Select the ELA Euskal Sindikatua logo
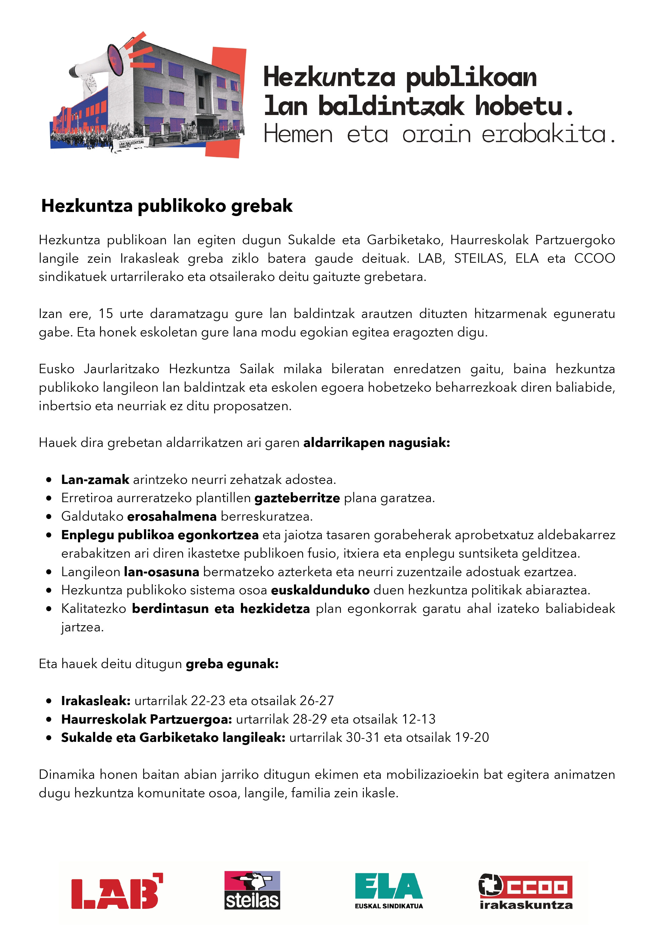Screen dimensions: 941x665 click(x=388, y=890)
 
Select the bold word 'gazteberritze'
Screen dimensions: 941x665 click(x=297, y=498)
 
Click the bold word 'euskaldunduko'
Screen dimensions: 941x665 click(x=320, y=590)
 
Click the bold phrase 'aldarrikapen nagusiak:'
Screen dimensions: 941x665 click(x=376, y=443)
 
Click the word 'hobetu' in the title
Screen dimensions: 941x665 click(x=518, y=106)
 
